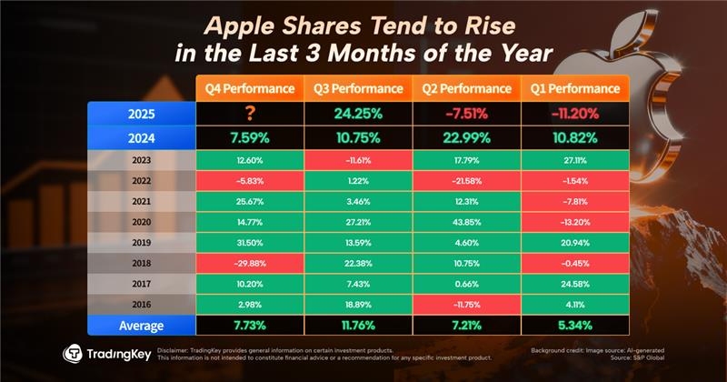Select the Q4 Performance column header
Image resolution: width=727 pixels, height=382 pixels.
pos(249,89)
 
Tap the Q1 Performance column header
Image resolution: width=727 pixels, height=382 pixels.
pos(575,89)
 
